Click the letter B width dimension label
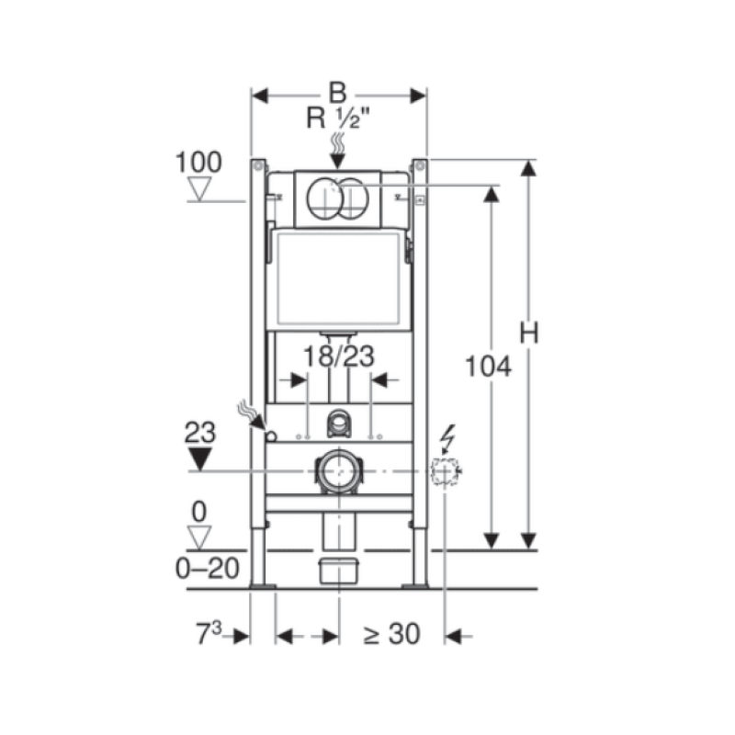pyautogui.click(x=337, y=93)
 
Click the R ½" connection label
pyautogui.click(x=338, y=118)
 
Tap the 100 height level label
pyautogui.click(x=198, y=163)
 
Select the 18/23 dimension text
pyautogui.click(x=339, y=356)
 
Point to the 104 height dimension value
pyautogui.click(x=488, y=367)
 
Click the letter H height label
pyautogui.click(x=529, y=334)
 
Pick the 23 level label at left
pyautogui.click(x=199, y=433)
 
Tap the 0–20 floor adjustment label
pyautogui.click(x=208, y=569)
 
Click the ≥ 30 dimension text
pyautogui.click(x=391, y=634)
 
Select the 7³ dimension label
pyautogui.click(x=209, y=633)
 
